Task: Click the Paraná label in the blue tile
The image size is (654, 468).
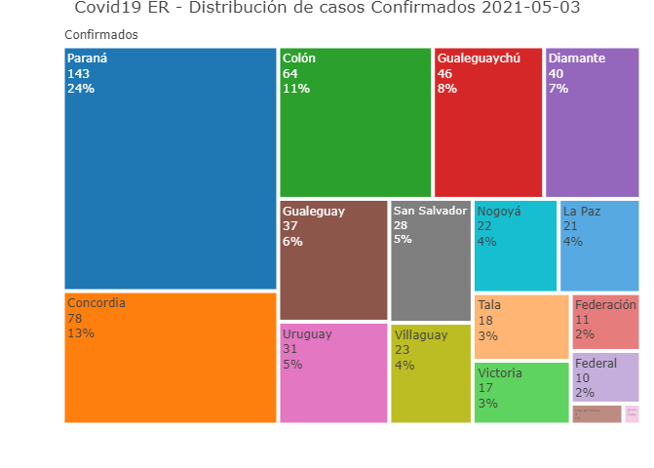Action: coord(87,58)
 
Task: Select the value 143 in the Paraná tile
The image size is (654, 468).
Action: coord(78,74)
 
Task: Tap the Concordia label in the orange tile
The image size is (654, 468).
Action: coord(96,303)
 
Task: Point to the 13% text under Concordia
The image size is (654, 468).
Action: coord(81,333)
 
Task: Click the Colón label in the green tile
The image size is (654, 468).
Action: coord(299,58)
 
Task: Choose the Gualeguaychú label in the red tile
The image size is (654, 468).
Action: coord(479,58)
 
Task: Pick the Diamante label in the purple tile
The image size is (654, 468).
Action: coord(577,58)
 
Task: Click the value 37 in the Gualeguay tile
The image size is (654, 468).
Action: coord(290,226)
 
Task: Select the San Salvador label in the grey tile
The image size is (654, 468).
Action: coord(430,211)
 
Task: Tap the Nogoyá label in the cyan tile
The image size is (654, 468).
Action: coord(499,211)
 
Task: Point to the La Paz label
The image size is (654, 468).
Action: coord(582,211)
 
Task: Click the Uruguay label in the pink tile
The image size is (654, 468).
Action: coord(307,334)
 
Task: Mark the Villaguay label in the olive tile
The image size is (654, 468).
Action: coord(421,334)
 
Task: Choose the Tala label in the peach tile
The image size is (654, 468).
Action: coord(489,305)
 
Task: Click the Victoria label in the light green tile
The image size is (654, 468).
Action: coord(500,373)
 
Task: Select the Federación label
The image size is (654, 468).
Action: coord(605,305)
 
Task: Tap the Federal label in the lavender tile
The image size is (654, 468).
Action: coord(596,364)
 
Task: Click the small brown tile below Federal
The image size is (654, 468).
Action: coord(596,413)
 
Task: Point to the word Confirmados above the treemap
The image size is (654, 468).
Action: coord(101,35)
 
